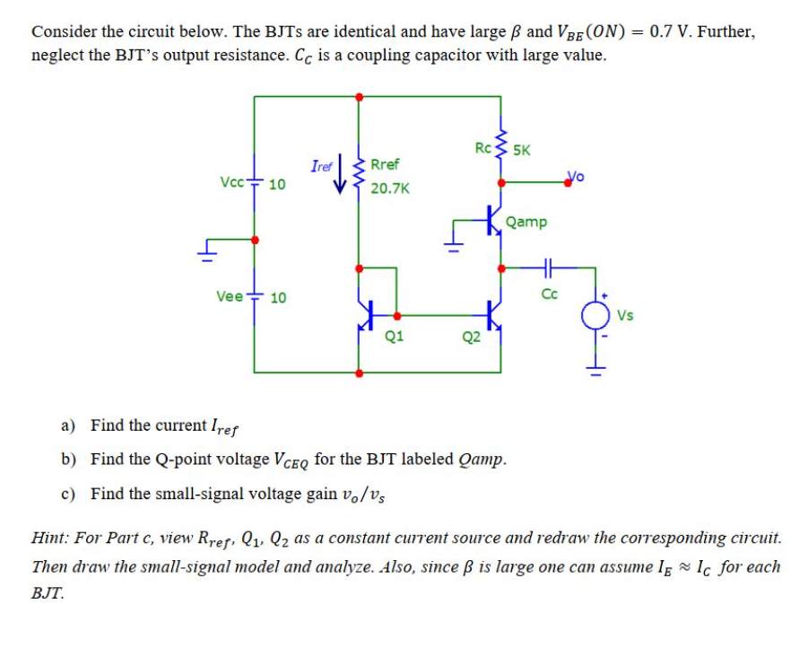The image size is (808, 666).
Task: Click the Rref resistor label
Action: click(385, 164)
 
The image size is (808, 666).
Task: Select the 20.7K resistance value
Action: click(390, 188)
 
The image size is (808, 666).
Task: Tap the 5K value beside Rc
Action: click(520, 150)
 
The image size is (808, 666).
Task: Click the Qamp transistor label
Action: click(526, 222)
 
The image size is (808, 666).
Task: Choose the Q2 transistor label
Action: click(471, 337)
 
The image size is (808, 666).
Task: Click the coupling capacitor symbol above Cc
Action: click(548, 267)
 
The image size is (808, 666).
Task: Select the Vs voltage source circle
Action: click(594, 316)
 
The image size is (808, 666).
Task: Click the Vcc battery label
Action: click(230, 182)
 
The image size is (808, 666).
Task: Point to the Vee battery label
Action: click(230, 296)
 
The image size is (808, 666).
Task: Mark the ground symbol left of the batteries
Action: click(210, 249)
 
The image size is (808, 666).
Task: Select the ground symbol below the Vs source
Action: click(594, 362)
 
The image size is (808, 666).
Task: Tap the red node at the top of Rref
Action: click(360, 96)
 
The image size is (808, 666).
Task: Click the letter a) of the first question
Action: click(68, 425)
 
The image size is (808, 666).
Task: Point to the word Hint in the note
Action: click(50, 539)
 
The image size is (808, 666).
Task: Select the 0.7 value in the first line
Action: click(665, 32)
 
